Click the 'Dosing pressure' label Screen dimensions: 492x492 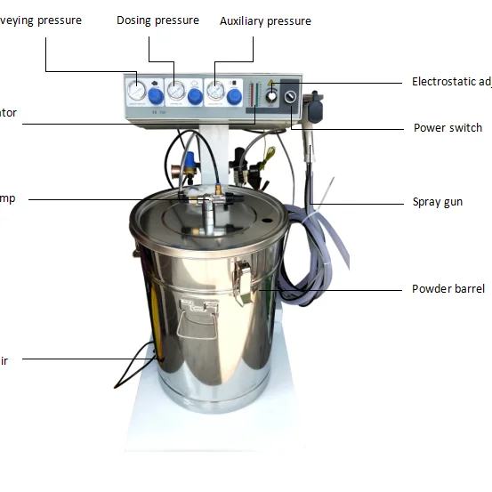[157, 20]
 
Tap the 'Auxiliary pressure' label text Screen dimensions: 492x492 [265, 20]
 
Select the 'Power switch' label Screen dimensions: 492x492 [448, 128]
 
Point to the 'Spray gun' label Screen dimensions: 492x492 [438, 202]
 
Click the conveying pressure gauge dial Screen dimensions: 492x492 [136, 92]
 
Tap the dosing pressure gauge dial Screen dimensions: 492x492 [176, 92]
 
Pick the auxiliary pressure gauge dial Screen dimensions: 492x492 [215, 92]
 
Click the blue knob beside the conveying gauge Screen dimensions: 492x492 [155, 95]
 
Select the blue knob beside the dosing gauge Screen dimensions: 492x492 [195, 95]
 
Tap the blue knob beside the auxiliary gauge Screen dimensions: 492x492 [234, 95]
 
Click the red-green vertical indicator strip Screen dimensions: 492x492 [256, 100]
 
